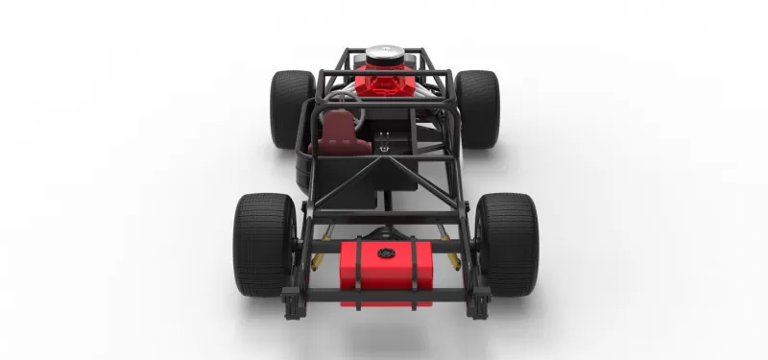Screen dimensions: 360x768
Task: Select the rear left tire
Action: (261, 245)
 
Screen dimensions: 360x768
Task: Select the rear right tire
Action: (509, 245)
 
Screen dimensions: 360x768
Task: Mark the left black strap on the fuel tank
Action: (355, 274)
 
